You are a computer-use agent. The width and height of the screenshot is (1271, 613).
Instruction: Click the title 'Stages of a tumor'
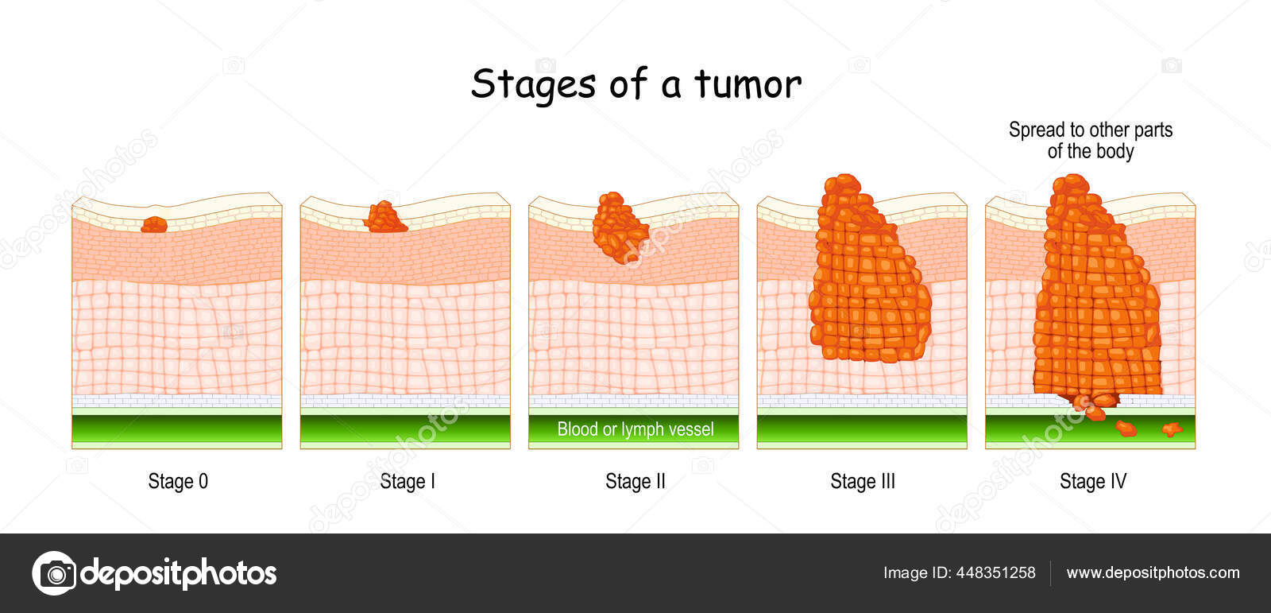coord(635,84)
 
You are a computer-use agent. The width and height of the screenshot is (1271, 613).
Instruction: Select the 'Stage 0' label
coord(178,481)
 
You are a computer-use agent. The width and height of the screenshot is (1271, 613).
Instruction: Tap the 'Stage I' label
coord(407,481)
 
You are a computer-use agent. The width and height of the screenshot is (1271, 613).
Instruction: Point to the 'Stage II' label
coord(635,481)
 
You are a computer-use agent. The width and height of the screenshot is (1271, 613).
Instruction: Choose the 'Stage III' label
coord(862,481)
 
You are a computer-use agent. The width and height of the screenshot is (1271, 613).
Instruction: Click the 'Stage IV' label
coord(1092,481)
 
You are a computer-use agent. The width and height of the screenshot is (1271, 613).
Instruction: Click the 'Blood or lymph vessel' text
coord(635,429)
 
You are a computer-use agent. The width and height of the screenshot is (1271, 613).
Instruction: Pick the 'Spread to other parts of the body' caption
coord(1090,141)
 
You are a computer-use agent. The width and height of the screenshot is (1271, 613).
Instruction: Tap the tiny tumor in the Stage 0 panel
coord(154,225)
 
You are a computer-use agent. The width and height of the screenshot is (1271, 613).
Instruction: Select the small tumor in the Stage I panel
coord(385,218)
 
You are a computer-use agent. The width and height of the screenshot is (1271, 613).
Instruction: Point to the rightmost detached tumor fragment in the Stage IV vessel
coord(1172,430)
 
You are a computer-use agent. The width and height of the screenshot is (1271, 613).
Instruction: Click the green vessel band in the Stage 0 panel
coord(176,429)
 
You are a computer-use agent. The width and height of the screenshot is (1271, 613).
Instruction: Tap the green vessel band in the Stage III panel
coord(861,429)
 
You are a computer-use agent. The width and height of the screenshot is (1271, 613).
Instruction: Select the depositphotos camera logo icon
coord(54,572)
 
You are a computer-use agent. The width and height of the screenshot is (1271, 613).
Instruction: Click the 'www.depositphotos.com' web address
coord(1153,572)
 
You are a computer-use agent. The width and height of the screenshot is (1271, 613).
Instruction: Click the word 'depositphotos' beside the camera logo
coord(179,572)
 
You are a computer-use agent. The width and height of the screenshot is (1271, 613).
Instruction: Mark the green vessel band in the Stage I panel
coord(405,429)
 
